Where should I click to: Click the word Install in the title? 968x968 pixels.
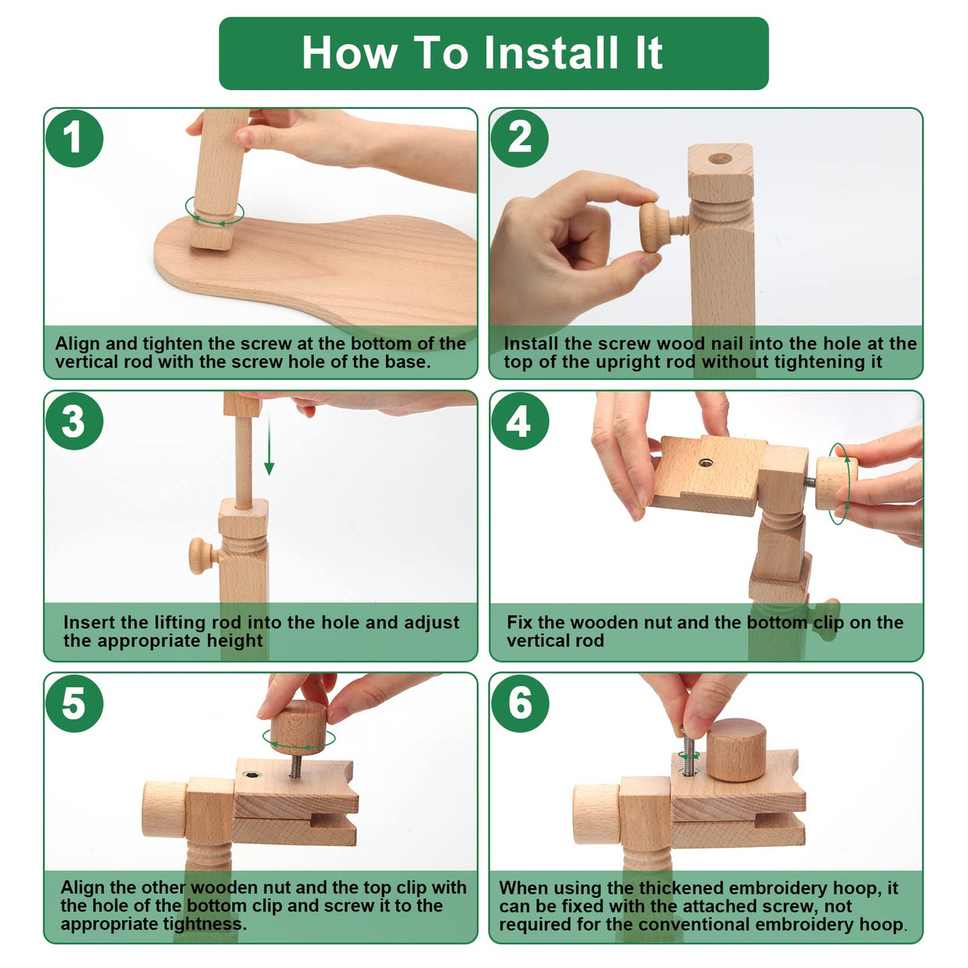pyautogui.click(x=550, y=53)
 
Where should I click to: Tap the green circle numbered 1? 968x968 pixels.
pyautogui.click(x=74, y=138)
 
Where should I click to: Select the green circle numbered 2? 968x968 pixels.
pyautogui.click(x=519, y=138)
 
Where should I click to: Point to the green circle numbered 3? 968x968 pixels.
pyautogui.click(x=74, y=421)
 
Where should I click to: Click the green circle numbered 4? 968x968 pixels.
pyautogui.click(x=519, y=421)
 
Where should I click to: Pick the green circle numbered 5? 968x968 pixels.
pyautogui.click(x=74, y=703)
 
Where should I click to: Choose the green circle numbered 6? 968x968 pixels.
pyautogui.click(x=519, y=703)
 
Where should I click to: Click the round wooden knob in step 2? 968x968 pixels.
pyautogui.click(x=655, y=227)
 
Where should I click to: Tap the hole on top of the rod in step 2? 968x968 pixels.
pyautogui.click(x=720, y=159)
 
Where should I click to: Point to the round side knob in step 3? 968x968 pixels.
pyautogui.click(x=202, y=556)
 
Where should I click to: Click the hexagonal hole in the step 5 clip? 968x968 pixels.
pyautogui.click(x=251, y=774)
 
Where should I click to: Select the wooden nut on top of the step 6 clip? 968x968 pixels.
pyautogui.click(x=737, y=749)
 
